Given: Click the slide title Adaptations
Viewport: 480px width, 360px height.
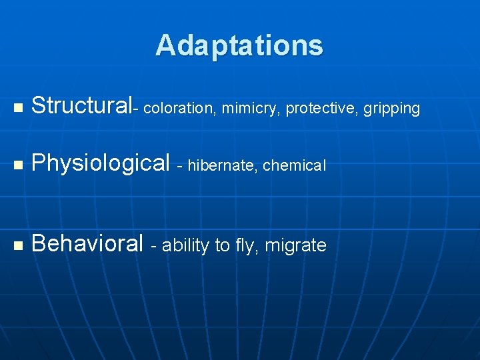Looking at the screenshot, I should (x=239, y=45).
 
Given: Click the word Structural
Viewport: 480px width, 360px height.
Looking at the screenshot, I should (x=82, y=105).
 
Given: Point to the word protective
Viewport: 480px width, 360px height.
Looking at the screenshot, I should (x=317, y=108).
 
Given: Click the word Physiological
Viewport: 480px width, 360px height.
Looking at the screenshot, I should (x=101, y=163).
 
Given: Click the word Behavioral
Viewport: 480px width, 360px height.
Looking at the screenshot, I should (x=87, y=244).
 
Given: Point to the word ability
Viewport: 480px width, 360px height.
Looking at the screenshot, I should (x=185, y=246).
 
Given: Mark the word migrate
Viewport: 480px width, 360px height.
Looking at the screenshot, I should (x=295, y=246).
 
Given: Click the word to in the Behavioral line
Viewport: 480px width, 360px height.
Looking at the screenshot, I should (x=221, y=246).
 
